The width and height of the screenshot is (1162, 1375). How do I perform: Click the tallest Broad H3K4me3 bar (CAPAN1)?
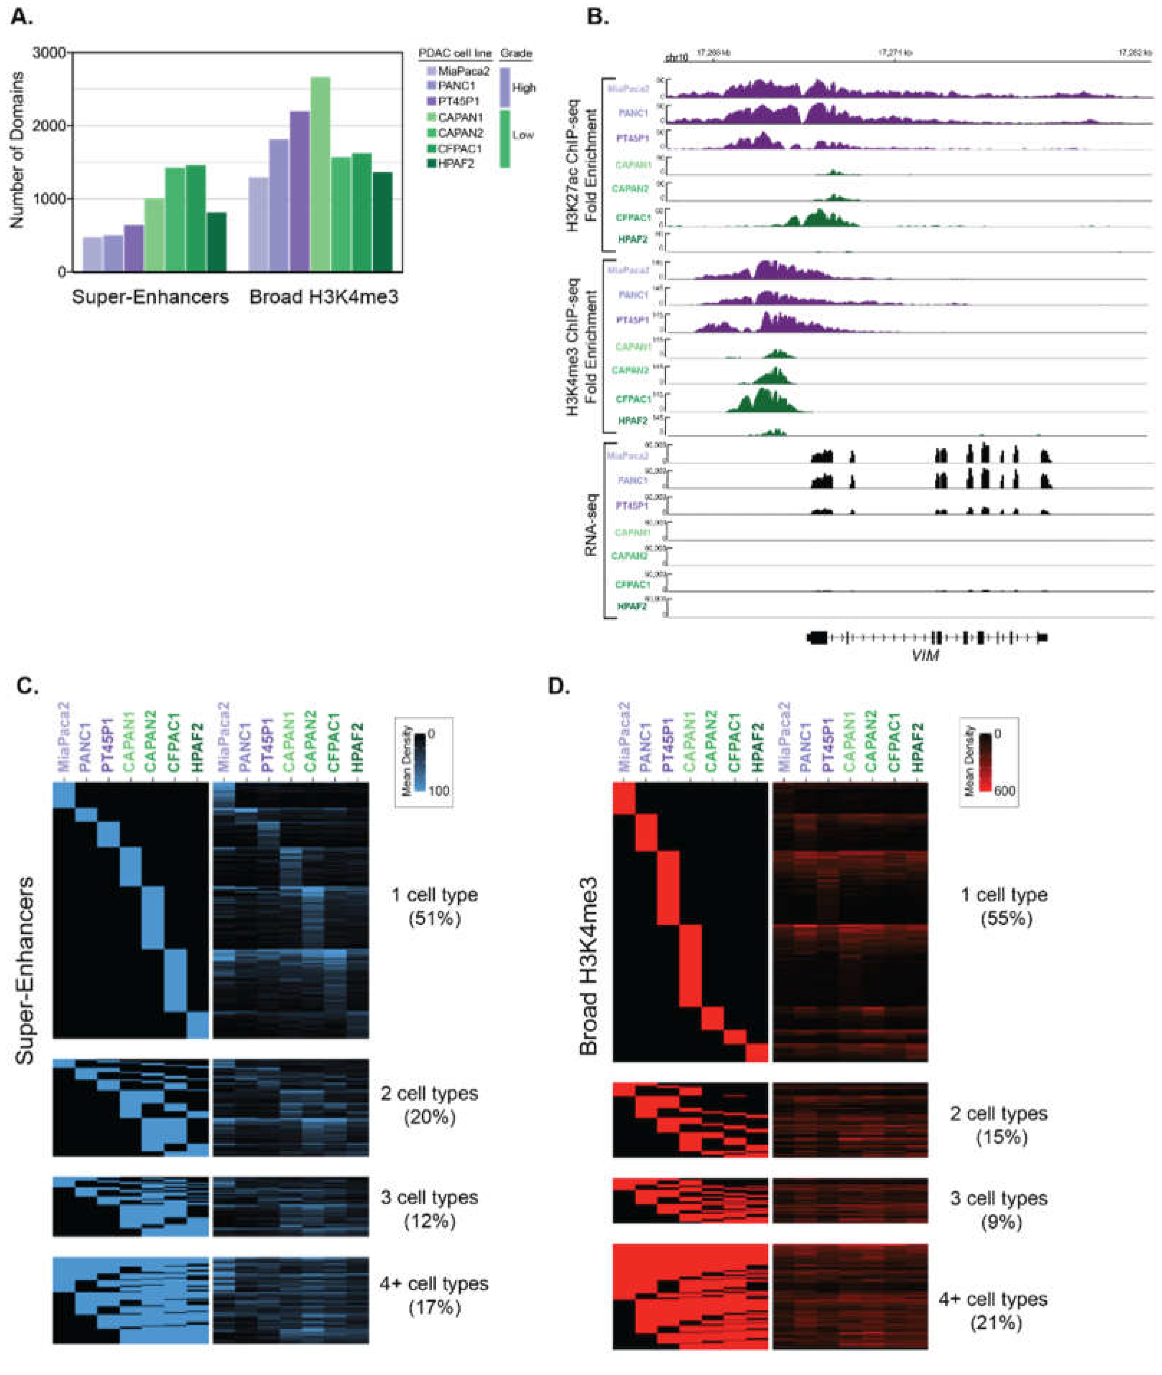pyautogui.click(x=320, y=174)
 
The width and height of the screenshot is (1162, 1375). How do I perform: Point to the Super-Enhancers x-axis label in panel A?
pyautogui.click(x=150, y=297)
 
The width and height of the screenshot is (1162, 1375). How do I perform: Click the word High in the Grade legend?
pyautogui.click(x=524, y=88)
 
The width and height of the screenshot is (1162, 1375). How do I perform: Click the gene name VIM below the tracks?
pyautogui.click(x=925, y=655)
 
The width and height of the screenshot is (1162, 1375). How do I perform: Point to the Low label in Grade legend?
pyautogui.click(x=523, y=135)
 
